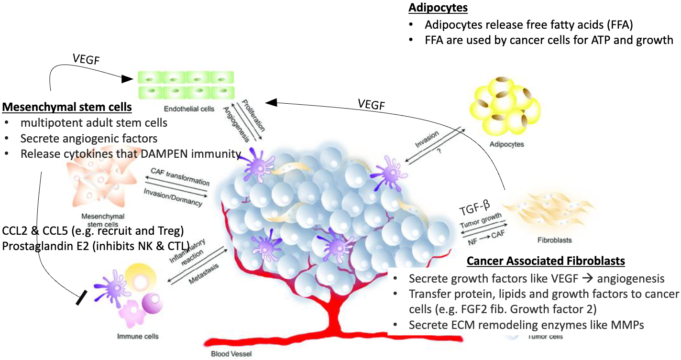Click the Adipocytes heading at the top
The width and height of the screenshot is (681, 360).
[438, 8]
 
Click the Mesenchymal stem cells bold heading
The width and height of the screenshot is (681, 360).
[67, 106]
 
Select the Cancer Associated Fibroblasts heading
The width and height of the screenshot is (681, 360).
[546, 261]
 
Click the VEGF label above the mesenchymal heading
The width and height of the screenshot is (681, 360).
[86, 59]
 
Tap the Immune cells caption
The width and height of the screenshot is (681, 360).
[138, 336]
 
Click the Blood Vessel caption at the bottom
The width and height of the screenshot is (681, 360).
[231, 354]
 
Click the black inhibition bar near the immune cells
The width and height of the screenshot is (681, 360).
[82, 299]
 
